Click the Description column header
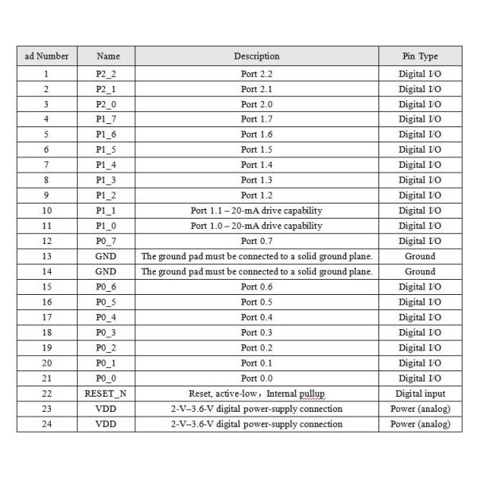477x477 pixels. point(256,56)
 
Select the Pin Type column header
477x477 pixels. point(420,56)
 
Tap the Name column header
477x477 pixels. point(108,56)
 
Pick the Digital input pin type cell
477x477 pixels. point(420,394)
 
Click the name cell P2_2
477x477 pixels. point(107,74)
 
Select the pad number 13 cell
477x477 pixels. point(46,257)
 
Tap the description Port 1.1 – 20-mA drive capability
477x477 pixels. point(256,211)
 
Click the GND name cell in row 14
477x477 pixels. point(107,272)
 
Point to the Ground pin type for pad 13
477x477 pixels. point(420,257)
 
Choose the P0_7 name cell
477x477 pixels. point(107,241)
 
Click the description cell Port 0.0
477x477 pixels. point(256,378)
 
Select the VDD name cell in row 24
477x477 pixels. point(107,424)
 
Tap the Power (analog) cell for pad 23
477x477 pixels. point(420,409)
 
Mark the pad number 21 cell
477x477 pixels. point(46,378)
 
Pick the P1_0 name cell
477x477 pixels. point(107,226)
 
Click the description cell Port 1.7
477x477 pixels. point(256,119)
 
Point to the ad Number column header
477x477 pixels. point(46,56)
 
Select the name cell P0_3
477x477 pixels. point(107,332)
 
